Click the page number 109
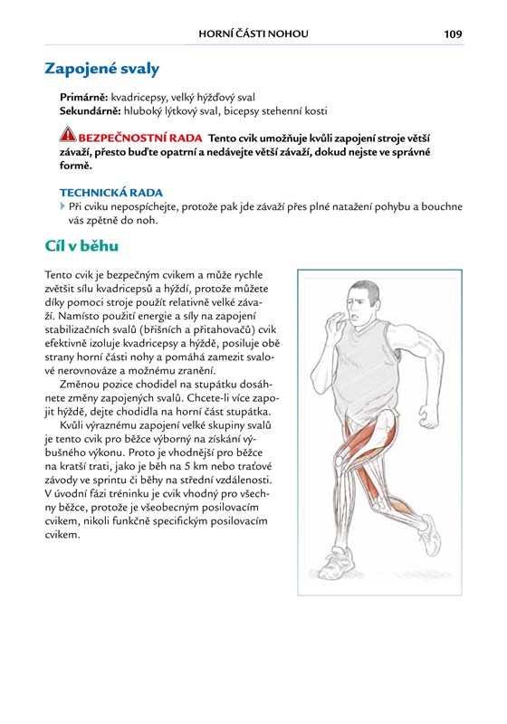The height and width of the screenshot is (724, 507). tap(453, 33)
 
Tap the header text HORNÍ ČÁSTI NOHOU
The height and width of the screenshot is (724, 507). tap(253, 33)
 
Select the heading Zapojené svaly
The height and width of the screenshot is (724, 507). tap(102, 69)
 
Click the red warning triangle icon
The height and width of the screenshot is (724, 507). tap(68, 134)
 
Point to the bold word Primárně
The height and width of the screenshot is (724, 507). tap(84, 98)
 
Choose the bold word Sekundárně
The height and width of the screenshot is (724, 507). tap(91, 110)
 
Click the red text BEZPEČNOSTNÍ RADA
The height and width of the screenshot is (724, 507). tap(140, 138)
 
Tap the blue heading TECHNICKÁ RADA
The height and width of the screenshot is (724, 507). tap(111, 193)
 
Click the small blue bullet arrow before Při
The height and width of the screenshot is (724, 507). tap(62, 206)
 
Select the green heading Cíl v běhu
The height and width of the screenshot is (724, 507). tap(81, 245)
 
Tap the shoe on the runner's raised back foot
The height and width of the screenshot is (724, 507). tap(430, 535)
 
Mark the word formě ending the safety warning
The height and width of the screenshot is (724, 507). tap(76, 166)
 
